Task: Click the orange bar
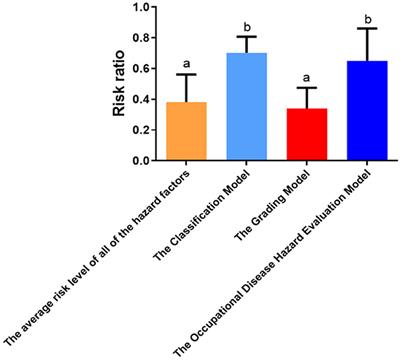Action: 187,131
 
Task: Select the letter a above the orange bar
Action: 187,64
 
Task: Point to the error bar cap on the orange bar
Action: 187,74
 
